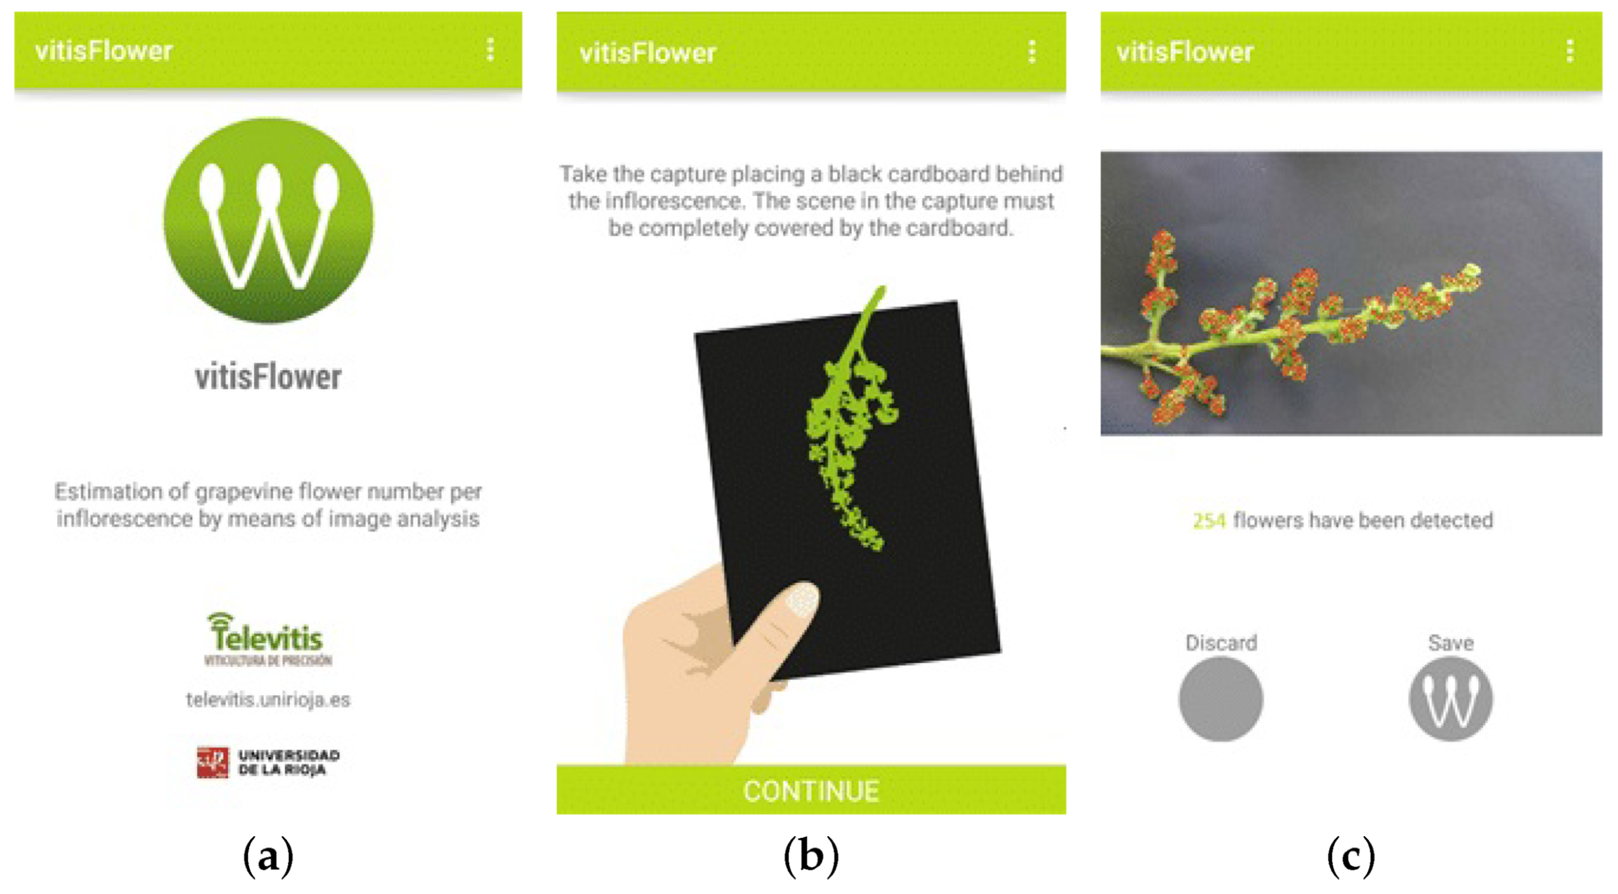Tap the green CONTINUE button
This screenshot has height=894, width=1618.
[810, 790]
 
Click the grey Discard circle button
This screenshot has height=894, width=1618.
[1220, 699]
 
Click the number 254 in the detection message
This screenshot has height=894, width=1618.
[1209, 521]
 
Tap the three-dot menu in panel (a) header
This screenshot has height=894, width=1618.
[491, 50]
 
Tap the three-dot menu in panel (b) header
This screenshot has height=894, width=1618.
[1032, 52]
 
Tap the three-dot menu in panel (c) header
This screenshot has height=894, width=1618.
[1570, 51]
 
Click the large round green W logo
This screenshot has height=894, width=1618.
[268, 220]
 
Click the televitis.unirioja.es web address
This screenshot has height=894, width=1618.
[268, 700]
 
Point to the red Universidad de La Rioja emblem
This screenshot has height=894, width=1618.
[213, 762]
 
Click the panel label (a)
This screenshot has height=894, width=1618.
[268, 856]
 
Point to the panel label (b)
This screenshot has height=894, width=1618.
[811, 856]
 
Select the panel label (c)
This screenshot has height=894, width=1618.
[1351, 856]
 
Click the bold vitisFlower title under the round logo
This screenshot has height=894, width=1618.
[268, 377]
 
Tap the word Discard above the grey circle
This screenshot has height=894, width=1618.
[1221, 643]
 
